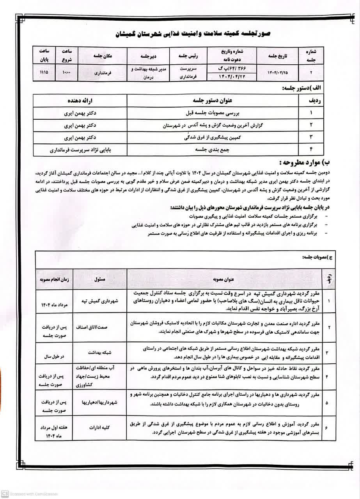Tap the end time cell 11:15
[44, 73]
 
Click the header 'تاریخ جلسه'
[277, 56]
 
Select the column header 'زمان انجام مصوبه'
[54, 280]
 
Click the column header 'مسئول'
[100, 280]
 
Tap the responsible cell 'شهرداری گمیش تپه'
[100, 301]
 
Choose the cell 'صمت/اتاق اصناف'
[100, 328]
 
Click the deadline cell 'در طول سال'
[54, 356]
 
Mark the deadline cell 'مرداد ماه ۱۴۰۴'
[54, 304]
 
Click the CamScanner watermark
[29, 494]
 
